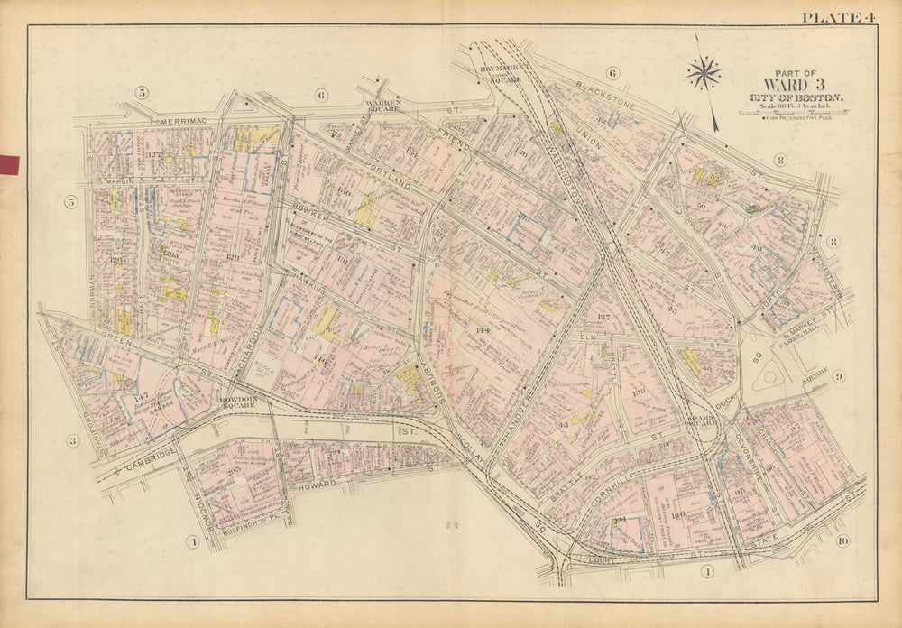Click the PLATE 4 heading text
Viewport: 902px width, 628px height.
pos(838,15)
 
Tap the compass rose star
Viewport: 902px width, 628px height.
pos(704,73)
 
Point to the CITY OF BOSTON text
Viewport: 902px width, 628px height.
pos(796,98)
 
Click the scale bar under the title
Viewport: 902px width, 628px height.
pos(795,111)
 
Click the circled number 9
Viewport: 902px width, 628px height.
pos(838,376)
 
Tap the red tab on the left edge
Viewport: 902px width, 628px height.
pos(9,164)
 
